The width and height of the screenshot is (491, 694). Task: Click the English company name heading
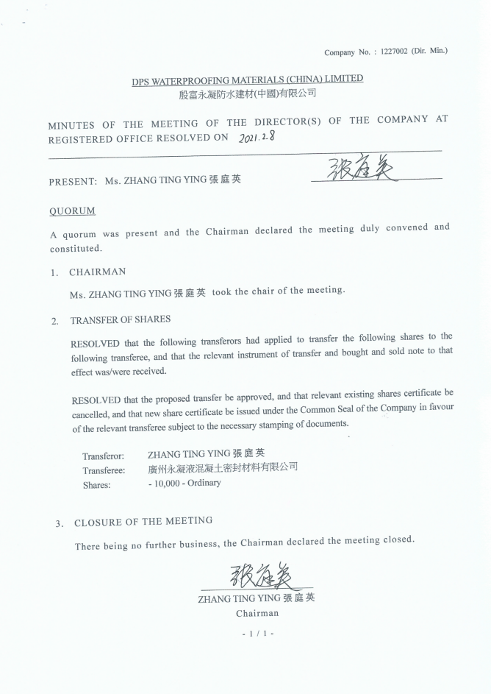click(x=248, y=80)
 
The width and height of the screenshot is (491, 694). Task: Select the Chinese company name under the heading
click(x=248, y=94)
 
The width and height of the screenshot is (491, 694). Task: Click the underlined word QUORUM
click(x=72, y=211)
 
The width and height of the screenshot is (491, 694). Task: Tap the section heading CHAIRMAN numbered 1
click(x=97, y=272)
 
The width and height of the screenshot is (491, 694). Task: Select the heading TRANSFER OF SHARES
click(x=120, y=320)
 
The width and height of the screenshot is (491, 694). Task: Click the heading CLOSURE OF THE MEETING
click(x=143, y=522)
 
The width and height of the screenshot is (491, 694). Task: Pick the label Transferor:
click(x=103, y=456)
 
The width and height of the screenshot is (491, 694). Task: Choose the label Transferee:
click(x=104, y=470)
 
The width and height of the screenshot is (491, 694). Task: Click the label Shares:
click(x=96, y=485)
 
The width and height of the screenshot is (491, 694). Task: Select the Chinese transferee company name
click(x=222, y=468)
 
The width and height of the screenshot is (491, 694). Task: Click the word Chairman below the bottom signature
click(x=257, y=612)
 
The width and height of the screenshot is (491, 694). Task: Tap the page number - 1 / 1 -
click(x=257, y=632)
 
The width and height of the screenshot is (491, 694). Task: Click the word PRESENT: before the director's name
click(x=73, y=181)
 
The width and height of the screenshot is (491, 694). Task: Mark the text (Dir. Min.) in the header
click(x=429, y=51)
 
